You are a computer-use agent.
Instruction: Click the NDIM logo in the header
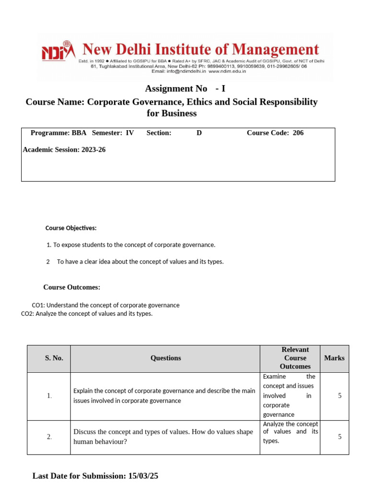58,51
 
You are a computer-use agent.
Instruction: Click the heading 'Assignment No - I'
185,89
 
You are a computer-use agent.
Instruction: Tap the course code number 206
298,133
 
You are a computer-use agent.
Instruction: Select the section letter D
199,133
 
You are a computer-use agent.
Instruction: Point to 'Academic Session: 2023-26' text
64,150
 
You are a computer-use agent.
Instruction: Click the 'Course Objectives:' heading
71,228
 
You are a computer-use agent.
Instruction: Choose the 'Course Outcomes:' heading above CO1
72,287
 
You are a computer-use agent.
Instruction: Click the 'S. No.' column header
54,358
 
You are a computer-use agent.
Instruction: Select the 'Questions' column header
166,358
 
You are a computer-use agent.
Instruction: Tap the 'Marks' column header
334,358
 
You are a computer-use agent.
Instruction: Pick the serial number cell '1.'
49,396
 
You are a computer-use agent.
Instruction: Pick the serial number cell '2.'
49,436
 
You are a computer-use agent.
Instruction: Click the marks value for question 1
340,396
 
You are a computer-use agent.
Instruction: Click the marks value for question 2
340,436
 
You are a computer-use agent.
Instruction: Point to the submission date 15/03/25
143,476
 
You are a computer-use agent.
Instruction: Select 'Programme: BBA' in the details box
58,133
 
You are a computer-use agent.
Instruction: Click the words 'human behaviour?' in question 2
100,442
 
